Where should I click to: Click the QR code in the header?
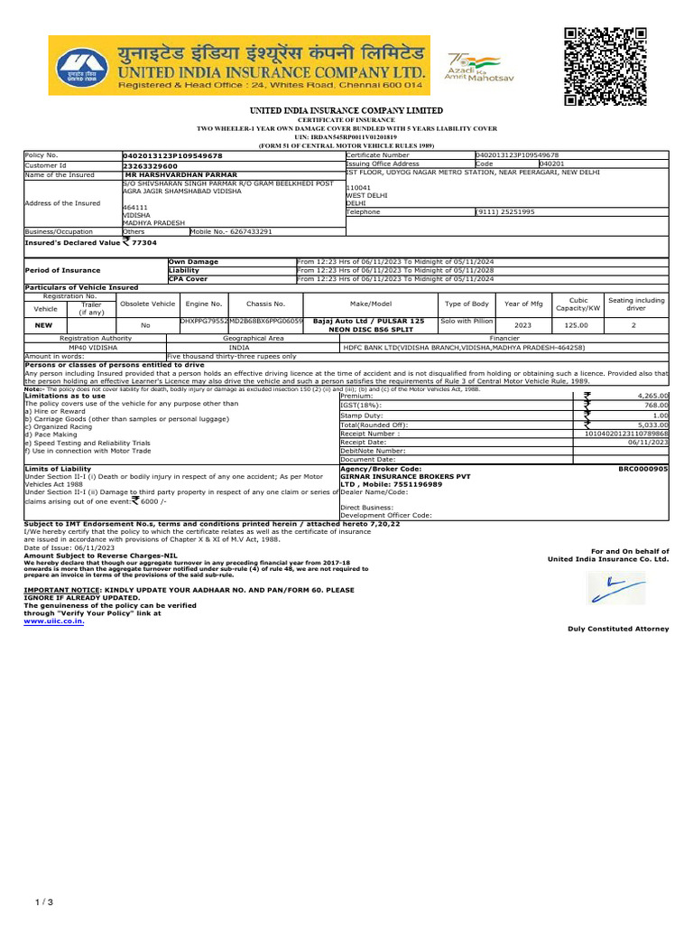click(606, 68)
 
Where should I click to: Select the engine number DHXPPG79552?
click(203, 320)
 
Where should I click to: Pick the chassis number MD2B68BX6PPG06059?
click(265, 320)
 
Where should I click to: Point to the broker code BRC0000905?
click(642, 470)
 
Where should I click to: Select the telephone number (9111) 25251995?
click(505, 211)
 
